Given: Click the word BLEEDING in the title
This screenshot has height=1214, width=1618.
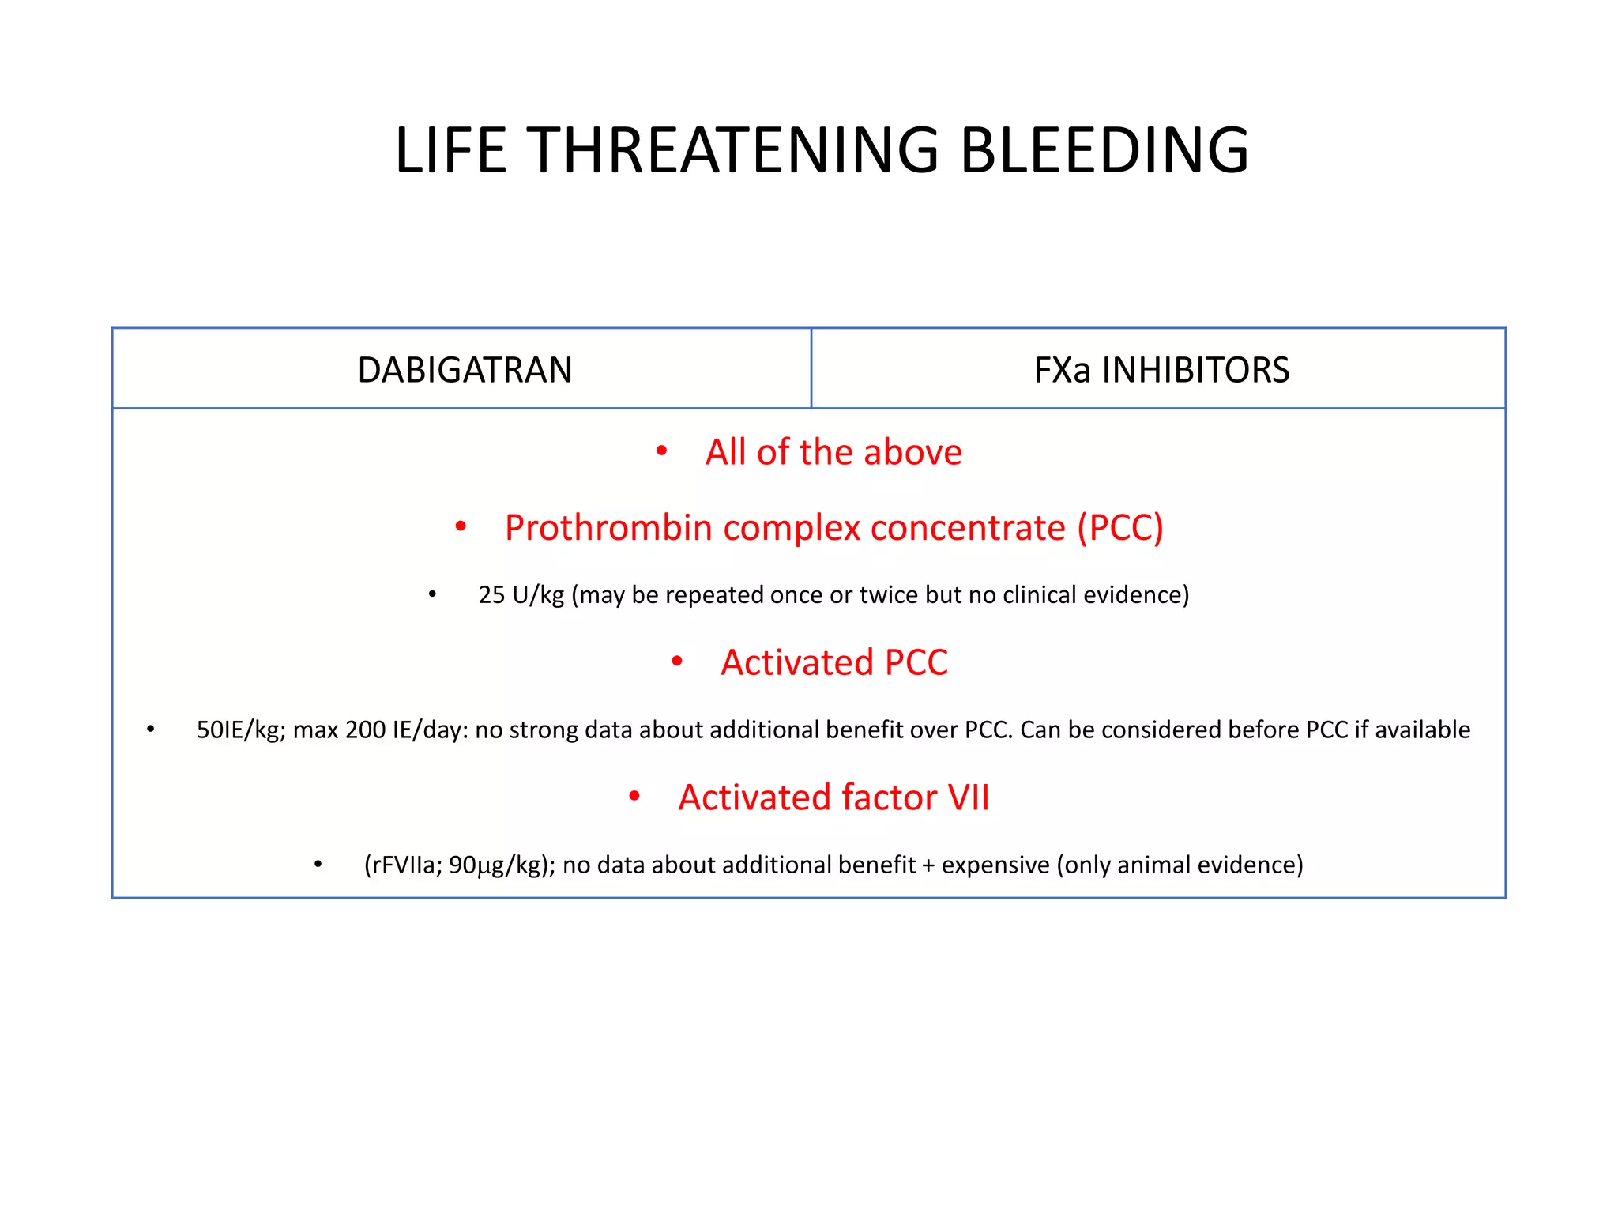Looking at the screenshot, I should (x=1104, y=150).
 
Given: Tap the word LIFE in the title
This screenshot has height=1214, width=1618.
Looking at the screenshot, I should (x=450, y=150).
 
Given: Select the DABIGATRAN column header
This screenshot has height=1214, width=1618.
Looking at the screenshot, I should (x=465, y=370).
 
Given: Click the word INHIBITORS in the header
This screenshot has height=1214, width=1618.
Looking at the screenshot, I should (x=1195, y=370).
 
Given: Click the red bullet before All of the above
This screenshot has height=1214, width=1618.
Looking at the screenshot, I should (x=662, y=451).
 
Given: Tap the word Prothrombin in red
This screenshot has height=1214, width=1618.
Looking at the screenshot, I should (x=608, y=528).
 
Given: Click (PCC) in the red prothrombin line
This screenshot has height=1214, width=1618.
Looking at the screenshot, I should (x=1120, y=528).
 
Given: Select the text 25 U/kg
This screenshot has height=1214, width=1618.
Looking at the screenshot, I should (x=521, y=595).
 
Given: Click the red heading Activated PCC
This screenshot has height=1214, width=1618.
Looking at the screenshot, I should (x=833, y=662).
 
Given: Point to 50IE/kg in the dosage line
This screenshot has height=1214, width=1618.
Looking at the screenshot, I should (x=240, y=730).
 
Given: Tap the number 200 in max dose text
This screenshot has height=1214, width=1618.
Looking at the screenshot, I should (x=365, y=730).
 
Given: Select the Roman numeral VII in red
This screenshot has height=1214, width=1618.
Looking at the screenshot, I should (x=969, y=797).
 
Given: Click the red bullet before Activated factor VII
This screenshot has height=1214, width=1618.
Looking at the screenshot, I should (x=634, y=797).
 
